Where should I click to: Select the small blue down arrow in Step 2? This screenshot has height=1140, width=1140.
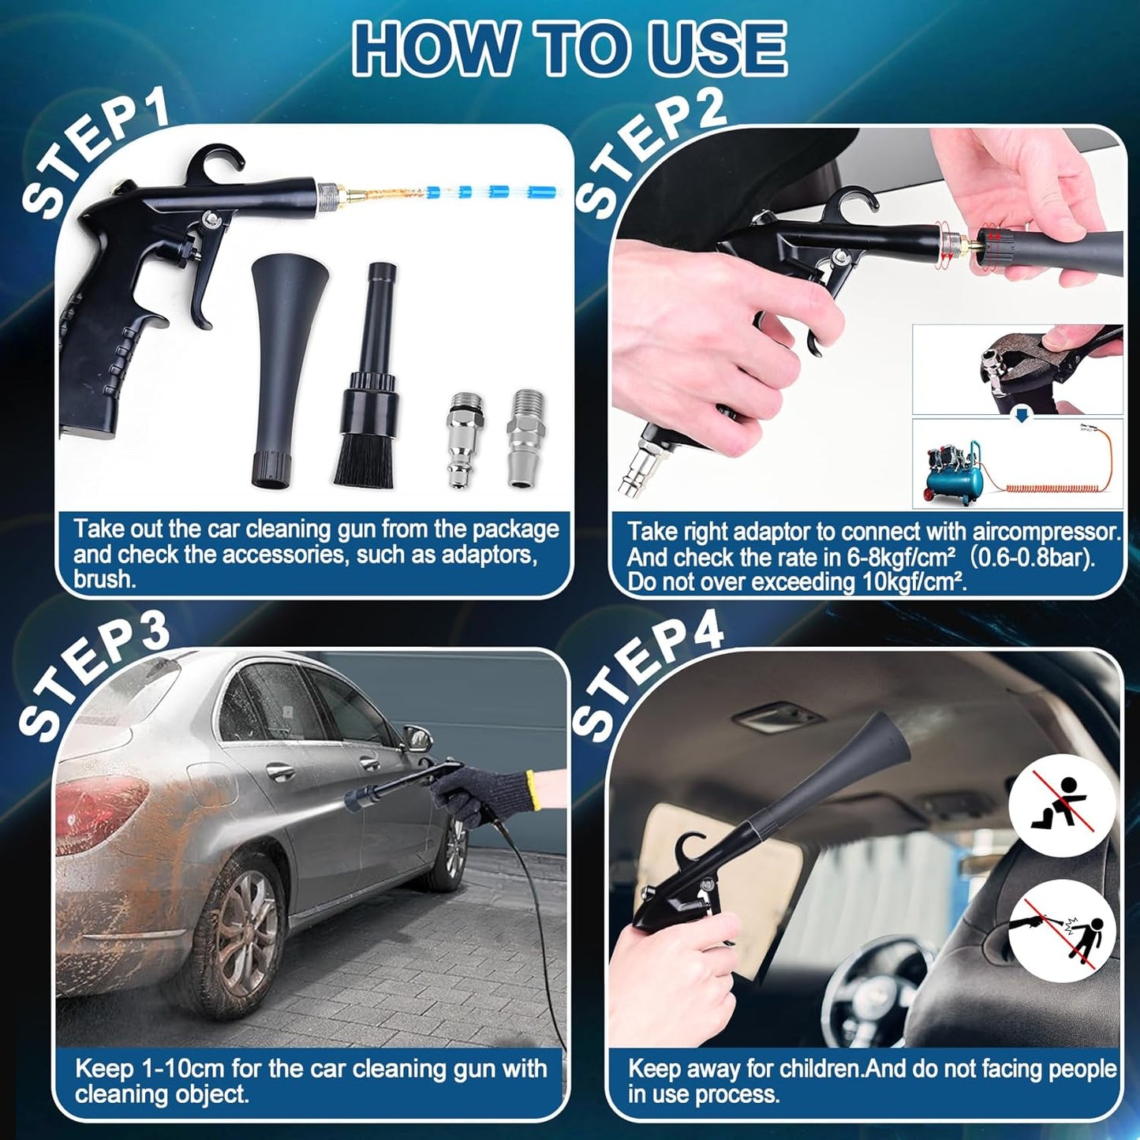tap(1022, 416)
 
